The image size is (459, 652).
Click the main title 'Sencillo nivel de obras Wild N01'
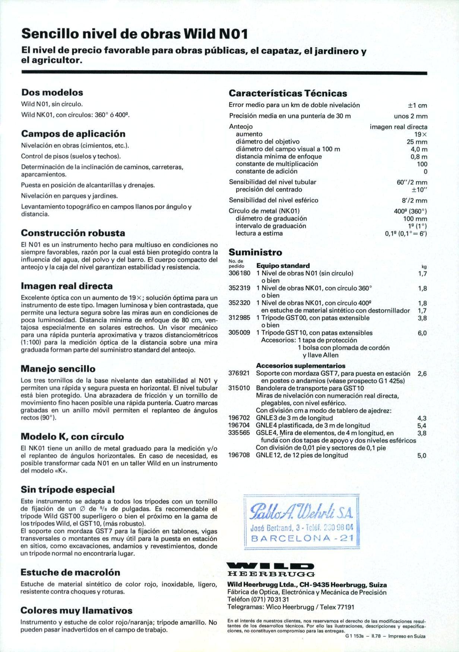(134, 34)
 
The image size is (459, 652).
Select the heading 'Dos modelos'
(52, 92)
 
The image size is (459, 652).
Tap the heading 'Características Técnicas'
(288, 93)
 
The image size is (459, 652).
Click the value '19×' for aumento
(421, 134)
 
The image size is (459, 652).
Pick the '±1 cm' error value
(417, 105)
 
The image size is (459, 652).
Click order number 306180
(239, 273)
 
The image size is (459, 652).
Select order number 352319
(239, 288)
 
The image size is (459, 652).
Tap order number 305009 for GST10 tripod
(239, 333)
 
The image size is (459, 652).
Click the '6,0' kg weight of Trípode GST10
(422, 333)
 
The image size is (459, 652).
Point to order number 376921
(239, 373)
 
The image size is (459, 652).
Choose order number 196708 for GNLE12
(239, 455)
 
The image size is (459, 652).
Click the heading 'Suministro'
(255, 253)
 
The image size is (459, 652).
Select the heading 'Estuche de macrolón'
(70, 572)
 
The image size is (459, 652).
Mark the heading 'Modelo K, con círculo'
(72, 437)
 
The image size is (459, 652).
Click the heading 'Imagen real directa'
(67, 286)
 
